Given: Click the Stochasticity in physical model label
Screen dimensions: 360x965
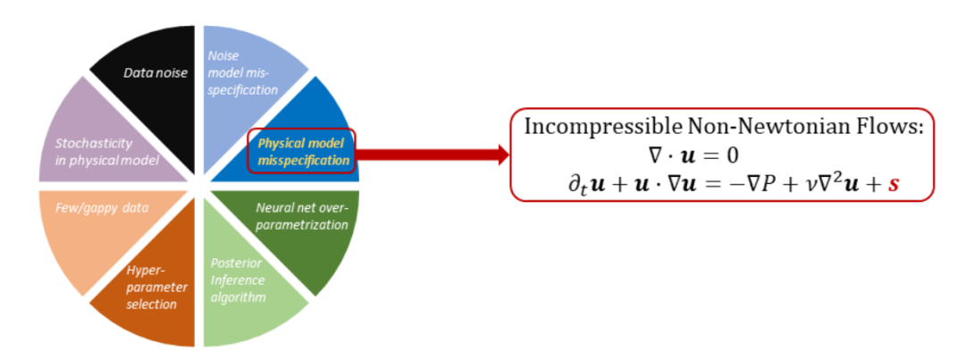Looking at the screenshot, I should point(100,151).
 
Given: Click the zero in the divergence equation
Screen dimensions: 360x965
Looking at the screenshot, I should point(733,155).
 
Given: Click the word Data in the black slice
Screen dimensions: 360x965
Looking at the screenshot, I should point(138,72).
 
